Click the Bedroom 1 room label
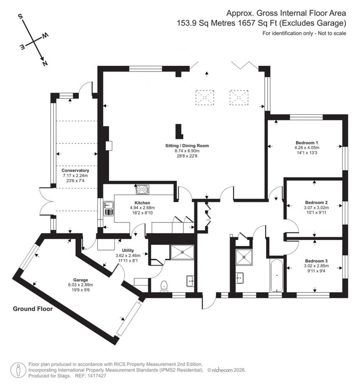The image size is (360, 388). click(x=307, y=143)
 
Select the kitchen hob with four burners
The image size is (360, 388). click(x=142, y=189)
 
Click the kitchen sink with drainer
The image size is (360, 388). click(x=108, y=208)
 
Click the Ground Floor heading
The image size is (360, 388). click(x=33, y=309)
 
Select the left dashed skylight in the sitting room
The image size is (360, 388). click(x=204, y=97)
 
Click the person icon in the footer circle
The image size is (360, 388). click(x=17, y=369)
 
